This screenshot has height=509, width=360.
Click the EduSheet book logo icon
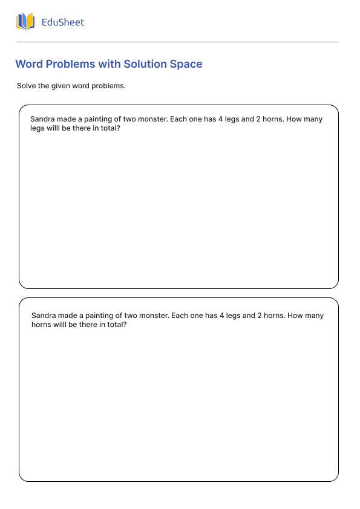pos(25,22)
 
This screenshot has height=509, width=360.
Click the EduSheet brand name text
pos(63,22)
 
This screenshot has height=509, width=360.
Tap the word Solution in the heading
pos(145,64)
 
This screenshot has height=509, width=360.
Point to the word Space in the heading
pos(186,64)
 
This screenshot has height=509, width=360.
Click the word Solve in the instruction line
pos(26,86)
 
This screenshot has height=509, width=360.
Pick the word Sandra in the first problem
pos(42,119)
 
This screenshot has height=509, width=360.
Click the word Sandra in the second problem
pos(44,316)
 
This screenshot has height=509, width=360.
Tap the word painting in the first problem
pos(94,119)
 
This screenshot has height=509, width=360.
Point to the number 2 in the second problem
pos(260,316)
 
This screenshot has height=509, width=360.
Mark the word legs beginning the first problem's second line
pos(38,129)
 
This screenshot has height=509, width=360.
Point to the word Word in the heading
pos(28,64)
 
